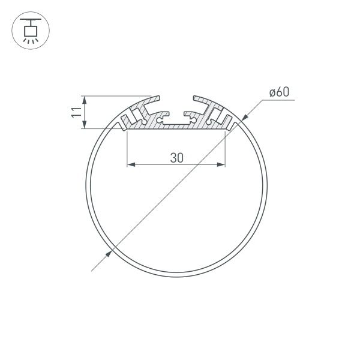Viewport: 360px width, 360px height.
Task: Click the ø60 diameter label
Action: pyautogui.click(x=279, y=92)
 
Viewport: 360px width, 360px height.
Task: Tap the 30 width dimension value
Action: pyautogui.click(x=176, y=158)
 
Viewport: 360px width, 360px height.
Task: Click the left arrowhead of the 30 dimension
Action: pyautogui.click(x=131, y=164)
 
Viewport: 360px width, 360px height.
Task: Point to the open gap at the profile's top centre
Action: pyautogui.click(x=177, y=99)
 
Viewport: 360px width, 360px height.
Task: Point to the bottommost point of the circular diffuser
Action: pyautogui.click(x=177, y=271)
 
